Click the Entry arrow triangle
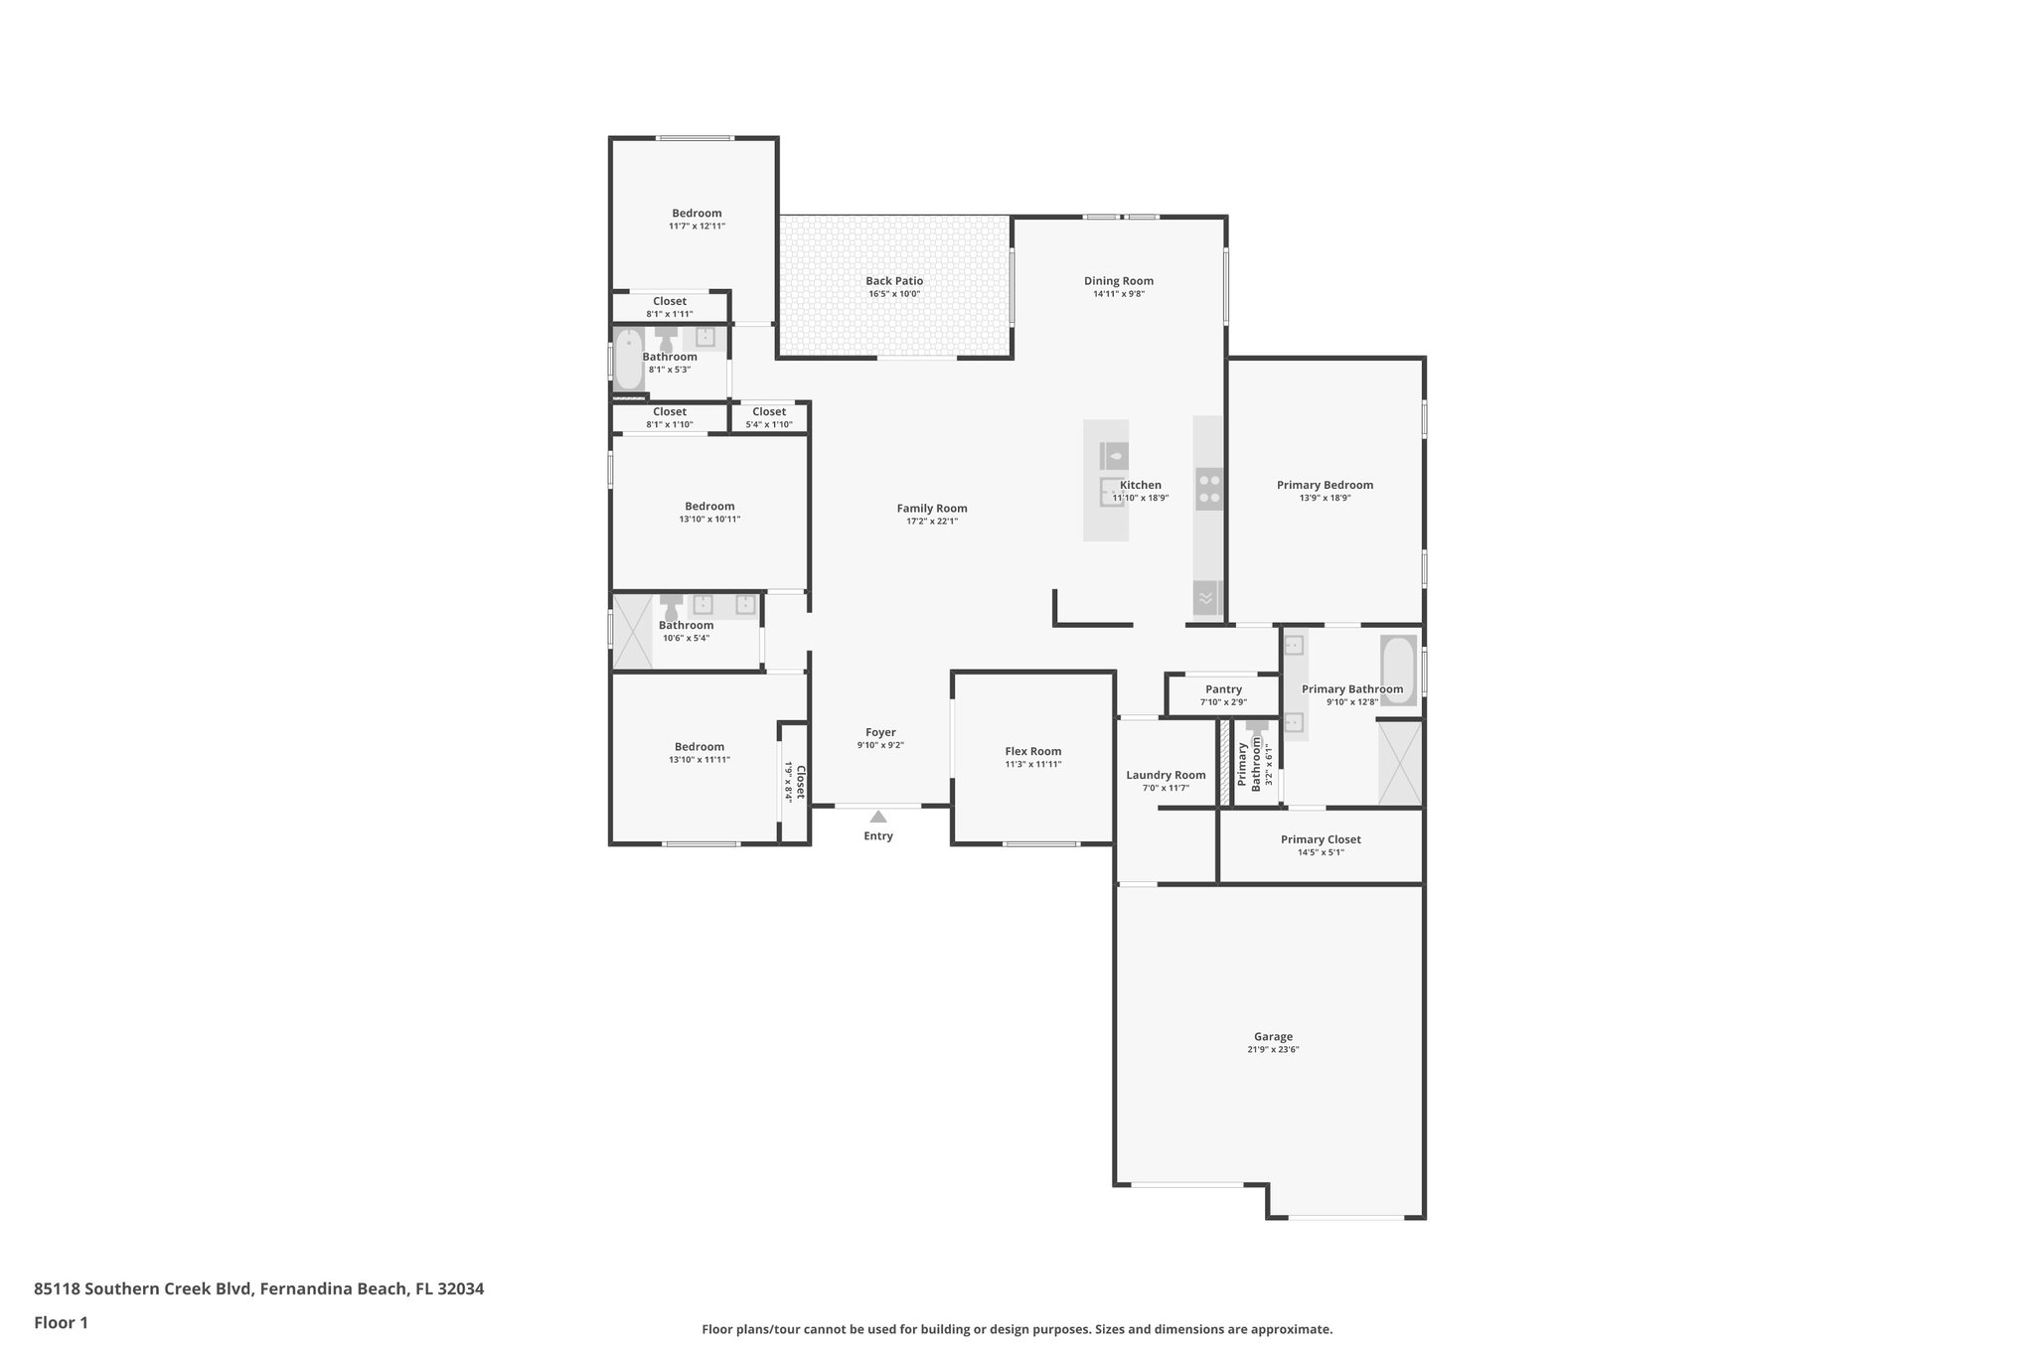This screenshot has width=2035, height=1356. coord(878,817)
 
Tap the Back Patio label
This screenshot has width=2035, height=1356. coord(894,281)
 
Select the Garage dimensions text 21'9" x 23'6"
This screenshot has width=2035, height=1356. coord(1273,1049)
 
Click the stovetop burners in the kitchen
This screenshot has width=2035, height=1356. coord(1209,489)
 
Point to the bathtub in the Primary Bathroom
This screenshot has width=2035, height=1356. coord(1398,671)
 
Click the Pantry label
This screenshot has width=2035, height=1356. coord(1223,689)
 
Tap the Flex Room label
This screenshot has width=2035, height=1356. coord(1033,751)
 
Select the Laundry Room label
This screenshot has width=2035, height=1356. coord(1166,775)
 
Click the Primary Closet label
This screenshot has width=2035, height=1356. coord(1321,839)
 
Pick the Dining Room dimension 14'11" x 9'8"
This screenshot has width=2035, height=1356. coord(1119,294)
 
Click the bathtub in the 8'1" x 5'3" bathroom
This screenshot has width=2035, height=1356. coord(628,361)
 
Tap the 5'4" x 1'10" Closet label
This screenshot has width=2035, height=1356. coord(769,424)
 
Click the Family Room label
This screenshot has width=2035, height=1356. coord(932,509)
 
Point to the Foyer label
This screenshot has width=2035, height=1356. coord(880,732)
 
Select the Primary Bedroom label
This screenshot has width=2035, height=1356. coord(1325,485)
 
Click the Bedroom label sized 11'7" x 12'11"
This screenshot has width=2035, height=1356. coord(697,213)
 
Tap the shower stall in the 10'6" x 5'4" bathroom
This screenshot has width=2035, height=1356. coord(632,631)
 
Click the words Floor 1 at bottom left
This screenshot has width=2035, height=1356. coord(62,1322)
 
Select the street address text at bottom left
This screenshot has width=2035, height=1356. coord(259,1288)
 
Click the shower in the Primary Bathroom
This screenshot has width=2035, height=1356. coord(1400,763)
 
